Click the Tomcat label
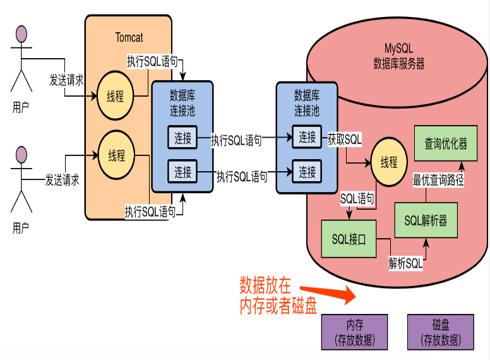tap(129, 37)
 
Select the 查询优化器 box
tap(445, 144)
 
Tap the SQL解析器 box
tap(425, 220)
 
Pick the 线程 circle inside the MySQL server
tap(388, 162)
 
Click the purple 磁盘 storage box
tap(440, 332)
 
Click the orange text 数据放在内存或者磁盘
tap(277, 295)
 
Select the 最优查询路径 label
tap(438, 181)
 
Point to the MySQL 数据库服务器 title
tap(398, 56)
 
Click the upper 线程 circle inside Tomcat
tap(116, 97)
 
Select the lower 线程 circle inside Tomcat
tap(116, 154)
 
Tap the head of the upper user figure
tap(21, 33)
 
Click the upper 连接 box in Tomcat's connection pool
tap(182, 138)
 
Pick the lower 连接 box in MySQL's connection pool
tap(307, 171)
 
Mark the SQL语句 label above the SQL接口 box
tap(357, 198)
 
